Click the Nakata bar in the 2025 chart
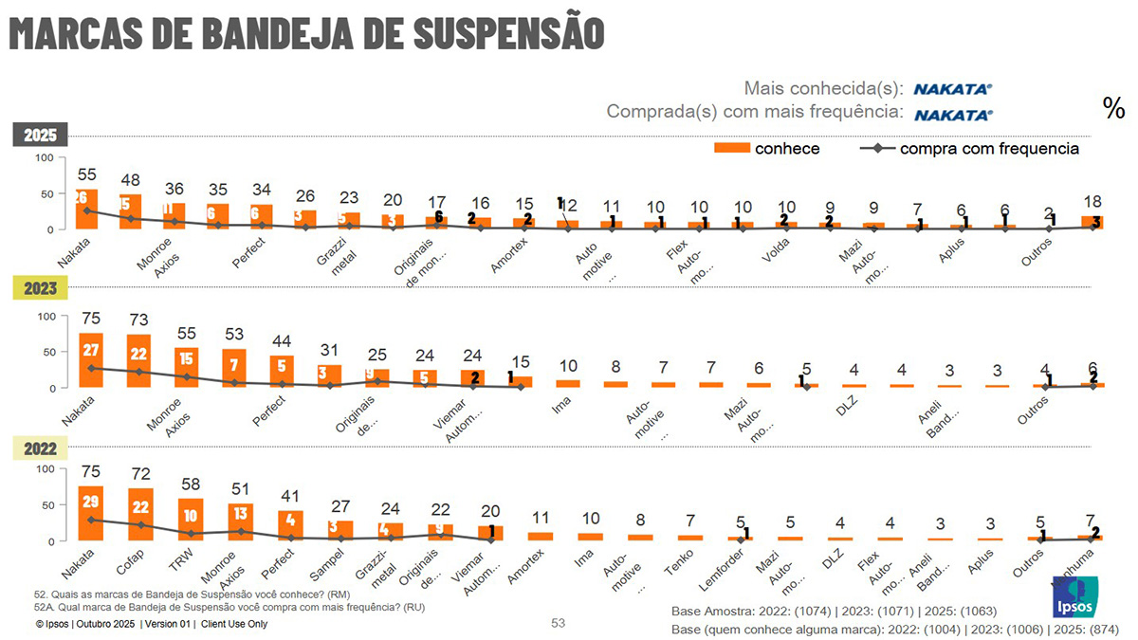(x=87, y=210)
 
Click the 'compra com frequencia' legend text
(x=989, y=148)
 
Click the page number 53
(x=559, y=623)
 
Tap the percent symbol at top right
(x=1113, y=108)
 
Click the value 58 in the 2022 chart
(x=191, y=484)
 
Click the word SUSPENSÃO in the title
(x=510, y=31)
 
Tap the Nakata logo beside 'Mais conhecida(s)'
(x=952, y=89)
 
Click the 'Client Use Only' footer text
(x=234, y=624)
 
